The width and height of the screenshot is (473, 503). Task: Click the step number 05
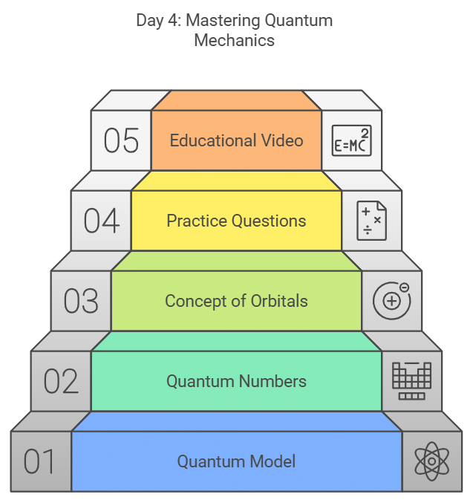122,140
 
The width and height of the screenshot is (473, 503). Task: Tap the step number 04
102,221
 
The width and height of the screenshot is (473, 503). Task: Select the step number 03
81,301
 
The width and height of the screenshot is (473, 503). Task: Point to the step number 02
61,381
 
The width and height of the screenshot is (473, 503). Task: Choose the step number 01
40,461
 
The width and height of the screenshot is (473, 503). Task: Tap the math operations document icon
371,221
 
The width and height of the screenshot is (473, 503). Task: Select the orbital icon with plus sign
391,301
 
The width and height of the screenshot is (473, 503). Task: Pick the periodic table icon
411,381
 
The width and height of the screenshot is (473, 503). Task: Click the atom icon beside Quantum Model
431,461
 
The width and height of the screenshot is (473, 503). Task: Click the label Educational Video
236,140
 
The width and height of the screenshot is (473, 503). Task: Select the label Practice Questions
236,221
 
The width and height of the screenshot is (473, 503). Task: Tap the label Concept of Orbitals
236,301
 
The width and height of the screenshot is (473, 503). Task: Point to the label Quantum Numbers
236,381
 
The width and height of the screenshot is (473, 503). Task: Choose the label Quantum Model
236,461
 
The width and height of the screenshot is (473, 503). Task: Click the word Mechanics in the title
234,39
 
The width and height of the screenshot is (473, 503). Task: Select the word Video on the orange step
284,140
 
